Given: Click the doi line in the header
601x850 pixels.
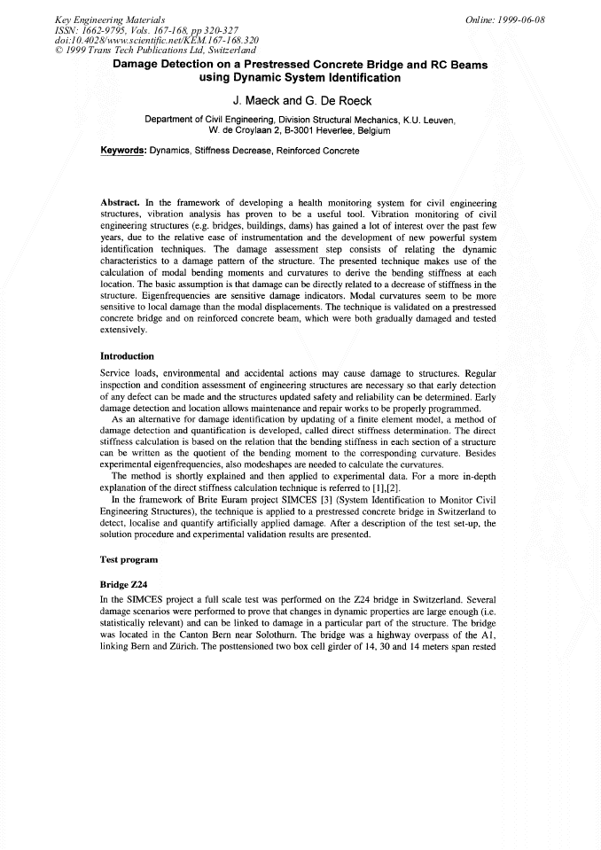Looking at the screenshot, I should (124, 39).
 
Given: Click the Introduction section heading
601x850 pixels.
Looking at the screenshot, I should (133, 356).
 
